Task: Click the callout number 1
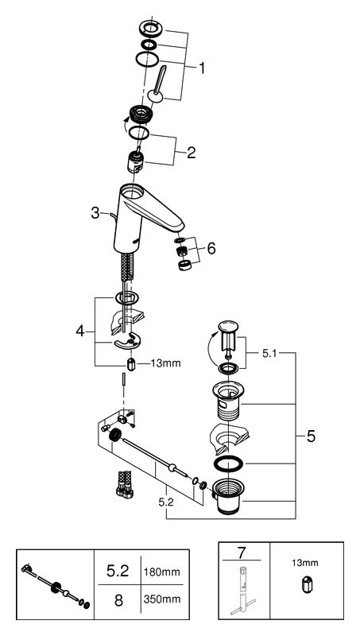tap(201, 68)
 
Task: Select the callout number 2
tap(191, 153)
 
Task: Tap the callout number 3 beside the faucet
tap(95, 212)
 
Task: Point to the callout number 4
tap(80, 331)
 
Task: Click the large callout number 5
tap(311, 436)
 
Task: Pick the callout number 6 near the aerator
tap(211, 248)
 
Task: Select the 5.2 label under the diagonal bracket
tap(166, 502)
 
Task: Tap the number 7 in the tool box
tap(242, 552)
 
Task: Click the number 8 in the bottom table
tap(118, 600)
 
